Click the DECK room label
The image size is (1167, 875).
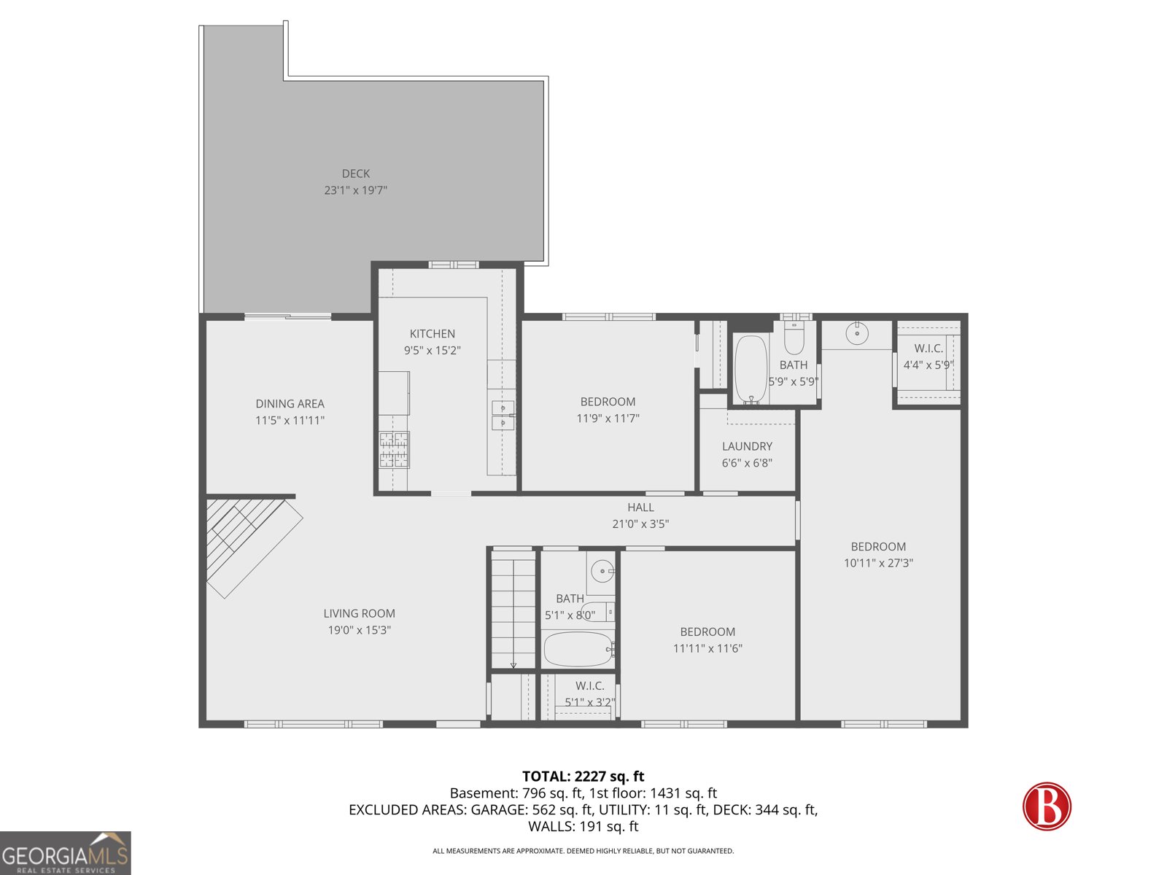356,174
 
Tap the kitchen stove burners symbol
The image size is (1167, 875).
394,449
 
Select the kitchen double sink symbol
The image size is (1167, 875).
503,415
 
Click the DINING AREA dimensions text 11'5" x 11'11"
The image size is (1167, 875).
290,421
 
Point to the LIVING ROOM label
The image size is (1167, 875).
359,614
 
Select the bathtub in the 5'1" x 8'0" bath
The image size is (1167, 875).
578,649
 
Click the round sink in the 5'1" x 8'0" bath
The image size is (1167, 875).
602,571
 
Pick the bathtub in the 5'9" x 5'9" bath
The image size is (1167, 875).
750,368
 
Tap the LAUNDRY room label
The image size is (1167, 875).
747,446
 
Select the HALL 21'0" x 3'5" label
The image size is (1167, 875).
640,515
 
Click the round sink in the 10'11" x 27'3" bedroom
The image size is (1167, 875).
857,334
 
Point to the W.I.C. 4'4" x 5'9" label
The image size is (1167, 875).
928,357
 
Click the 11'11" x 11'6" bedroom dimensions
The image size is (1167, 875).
707,648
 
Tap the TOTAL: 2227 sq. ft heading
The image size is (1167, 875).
583,777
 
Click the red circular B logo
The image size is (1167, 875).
1047,806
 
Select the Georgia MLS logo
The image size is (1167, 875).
66,853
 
